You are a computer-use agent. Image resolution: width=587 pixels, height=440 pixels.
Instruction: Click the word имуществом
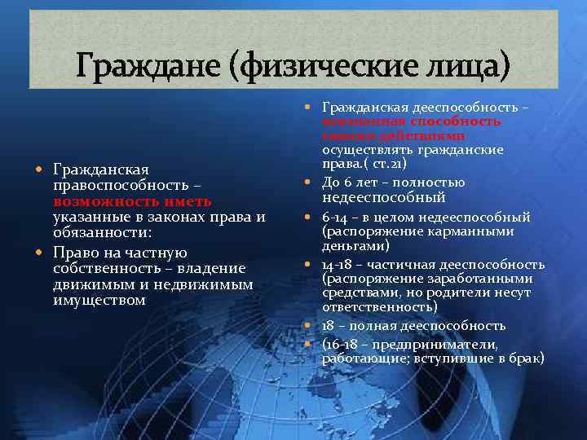(x=99, y=301)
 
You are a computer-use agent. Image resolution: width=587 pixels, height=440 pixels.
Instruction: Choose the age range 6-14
(x=338, y=218)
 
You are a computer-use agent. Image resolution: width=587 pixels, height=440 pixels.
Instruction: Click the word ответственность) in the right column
(x=379, y=306)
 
